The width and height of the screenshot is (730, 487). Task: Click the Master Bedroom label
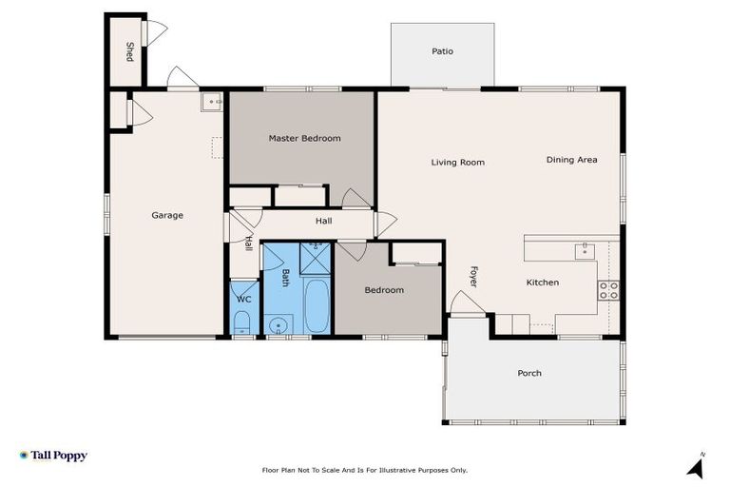[304, 139]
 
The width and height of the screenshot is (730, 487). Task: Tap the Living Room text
[457, 163]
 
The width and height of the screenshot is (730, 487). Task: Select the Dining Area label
[571, 160]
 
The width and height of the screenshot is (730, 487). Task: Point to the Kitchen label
[543, 282]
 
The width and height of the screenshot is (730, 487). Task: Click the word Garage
[167, 215]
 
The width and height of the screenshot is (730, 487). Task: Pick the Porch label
[529, 373]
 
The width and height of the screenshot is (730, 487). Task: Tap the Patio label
[442, 51]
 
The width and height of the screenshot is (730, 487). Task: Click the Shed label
[130, 51]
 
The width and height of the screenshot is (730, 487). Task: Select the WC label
[243, 300]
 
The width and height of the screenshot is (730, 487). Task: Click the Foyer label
[472, 277]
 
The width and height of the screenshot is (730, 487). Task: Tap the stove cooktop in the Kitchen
[608, 290]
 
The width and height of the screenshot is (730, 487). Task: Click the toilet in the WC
[242, 321]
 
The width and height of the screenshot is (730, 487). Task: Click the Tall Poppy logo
[53, 456]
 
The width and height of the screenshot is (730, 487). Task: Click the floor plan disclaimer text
[365, 470]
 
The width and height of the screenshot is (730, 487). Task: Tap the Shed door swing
[156, 33]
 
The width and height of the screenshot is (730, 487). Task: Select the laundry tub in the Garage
[212, 100]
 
